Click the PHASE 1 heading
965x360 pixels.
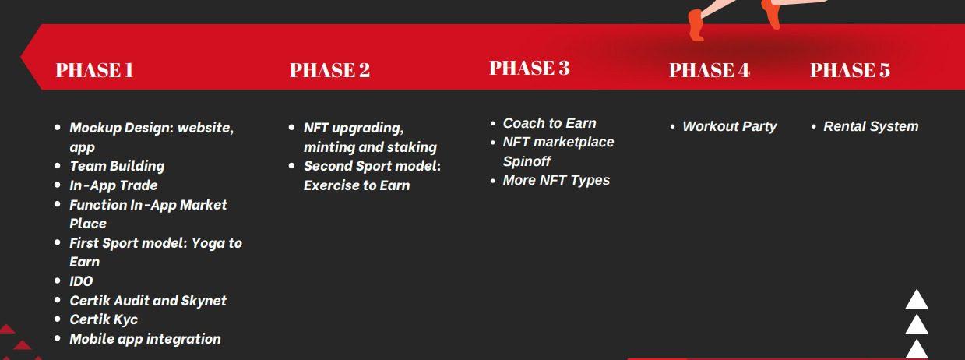(94, 70)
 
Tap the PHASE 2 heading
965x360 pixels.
(329, 70)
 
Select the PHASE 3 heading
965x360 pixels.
(530, 68)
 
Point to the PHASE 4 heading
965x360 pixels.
(709, 70)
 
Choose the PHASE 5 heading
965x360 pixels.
(850, 70)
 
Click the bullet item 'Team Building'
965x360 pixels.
(117, 166)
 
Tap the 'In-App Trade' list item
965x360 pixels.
(114, 185)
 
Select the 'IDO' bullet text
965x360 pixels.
(82, 281)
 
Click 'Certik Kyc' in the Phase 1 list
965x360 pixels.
(104, 319)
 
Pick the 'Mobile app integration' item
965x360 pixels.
(145, 339)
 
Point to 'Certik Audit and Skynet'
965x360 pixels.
(148, 301)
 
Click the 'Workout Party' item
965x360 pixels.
(729, 126)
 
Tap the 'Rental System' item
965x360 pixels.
(871, 126)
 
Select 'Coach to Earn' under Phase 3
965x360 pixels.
(549, 123)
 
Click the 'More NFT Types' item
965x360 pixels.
(556, 180)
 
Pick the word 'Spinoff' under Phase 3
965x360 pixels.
(527, 161)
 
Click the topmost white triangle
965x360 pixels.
(917, 299)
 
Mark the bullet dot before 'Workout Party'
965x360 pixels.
(672, 127)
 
